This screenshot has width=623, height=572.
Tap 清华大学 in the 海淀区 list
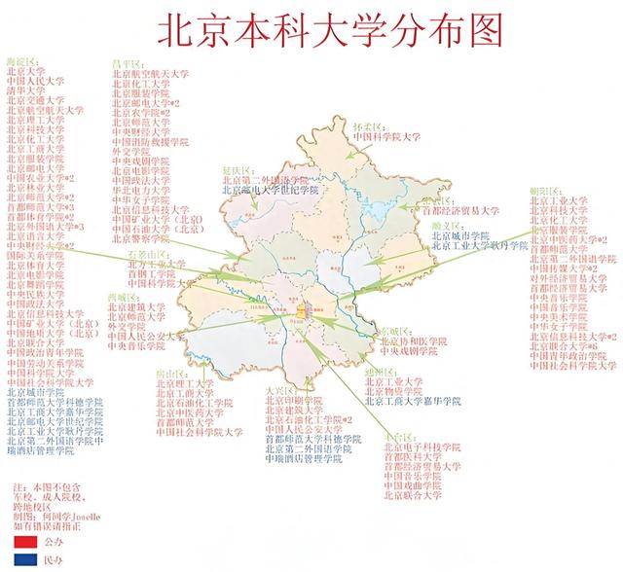(x=26, y=90)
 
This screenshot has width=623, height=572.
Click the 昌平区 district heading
(x=128, y=62)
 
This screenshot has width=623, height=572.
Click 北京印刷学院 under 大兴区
(x=293, y=399)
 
